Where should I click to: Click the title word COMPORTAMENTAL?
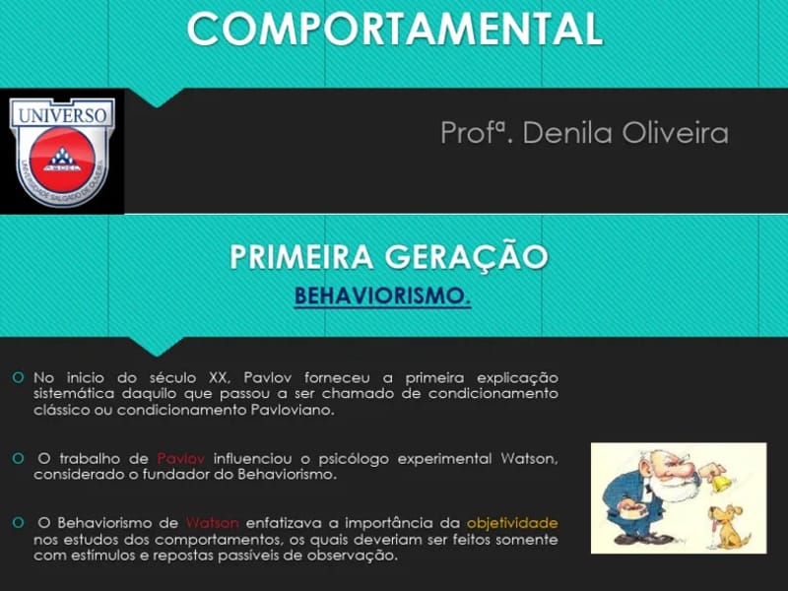tap(394, 30)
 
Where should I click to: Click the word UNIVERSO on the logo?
tap(62, 115)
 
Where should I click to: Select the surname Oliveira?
tap(674, 133)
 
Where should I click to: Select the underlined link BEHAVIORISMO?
tap(382, 295)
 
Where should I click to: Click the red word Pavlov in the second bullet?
tap(180, 458)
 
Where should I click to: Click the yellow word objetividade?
tap(512, 522)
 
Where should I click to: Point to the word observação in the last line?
tap(351, 556)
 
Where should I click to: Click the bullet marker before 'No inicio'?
tap(19, 377)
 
